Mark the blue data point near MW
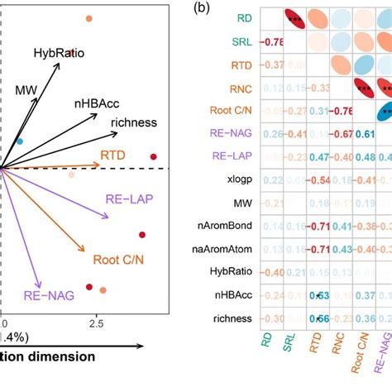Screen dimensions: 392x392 pyautogui.click(x=21, y=141)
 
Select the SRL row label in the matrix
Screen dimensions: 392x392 pyautogui.click(x=241, y=41)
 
